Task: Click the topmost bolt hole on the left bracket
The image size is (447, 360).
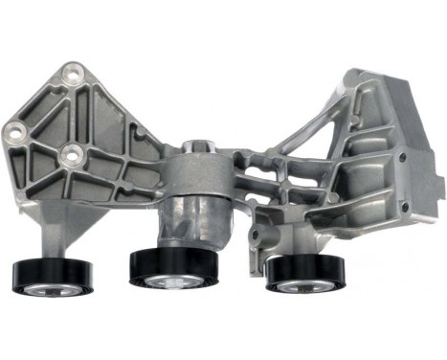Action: [70, 73]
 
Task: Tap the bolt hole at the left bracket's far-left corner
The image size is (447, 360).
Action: [17, 128]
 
